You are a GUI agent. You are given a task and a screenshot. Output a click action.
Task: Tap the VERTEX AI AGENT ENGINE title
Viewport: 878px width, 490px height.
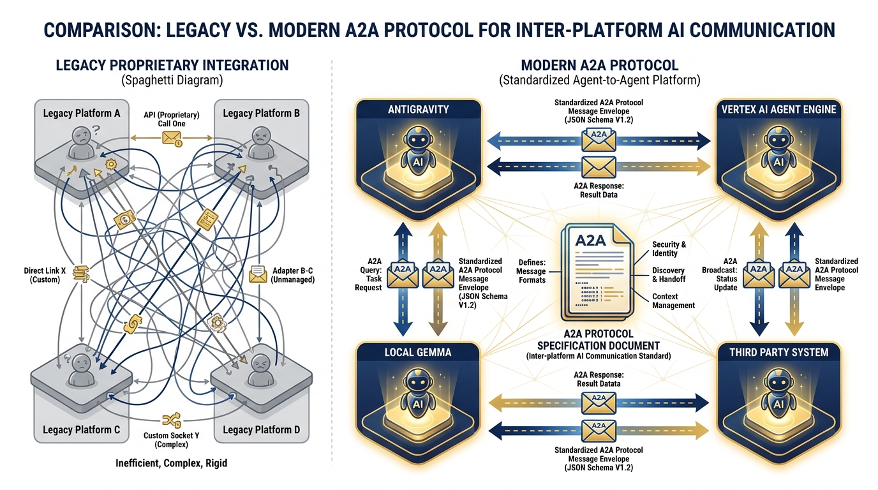(778, 109)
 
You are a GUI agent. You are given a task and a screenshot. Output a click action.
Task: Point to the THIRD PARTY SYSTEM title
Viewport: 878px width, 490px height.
(778, 352)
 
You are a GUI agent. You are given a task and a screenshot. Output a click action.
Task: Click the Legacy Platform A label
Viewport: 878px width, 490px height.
(82, 113)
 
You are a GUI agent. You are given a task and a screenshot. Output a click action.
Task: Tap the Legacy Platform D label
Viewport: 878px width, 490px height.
(261, 429)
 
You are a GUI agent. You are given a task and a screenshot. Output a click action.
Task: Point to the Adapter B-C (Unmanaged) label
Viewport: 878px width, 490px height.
(293, 275)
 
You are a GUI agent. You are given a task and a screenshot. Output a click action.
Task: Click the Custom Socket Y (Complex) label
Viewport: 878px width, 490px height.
(172, 440)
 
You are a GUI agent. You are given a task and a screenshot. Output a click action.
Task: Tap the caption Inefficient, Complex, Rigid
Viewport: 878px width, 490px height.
(172, 463)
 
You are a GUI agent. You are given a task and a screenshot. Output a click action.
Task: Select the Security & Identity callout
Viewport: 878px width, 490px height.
(669, 249)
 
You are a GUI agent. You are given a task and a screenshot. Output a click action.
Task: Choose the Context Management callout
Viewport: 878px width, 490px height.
(673, 301)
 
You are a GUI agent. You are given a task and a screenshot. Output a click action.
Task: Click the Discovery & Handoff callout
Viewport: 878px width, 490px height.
(668, 275)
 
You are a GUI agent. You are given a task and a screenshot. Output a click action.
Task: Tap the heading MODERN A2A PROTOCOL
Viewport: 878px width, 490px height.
(599, 65)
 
